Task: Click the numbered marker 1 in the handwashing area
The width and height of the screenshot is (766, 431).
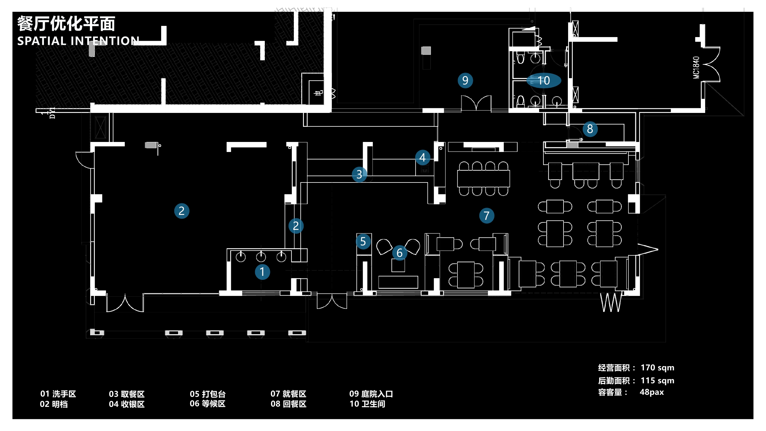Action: pos(262,272)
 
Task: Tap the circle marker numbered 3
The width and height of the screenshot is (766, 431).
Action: pos(359,174)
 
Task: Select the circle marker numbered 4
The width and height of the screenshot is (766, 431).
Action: pos(422,158)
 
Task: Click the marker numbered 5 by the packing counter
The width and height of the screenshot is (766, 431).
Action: pos(363,241)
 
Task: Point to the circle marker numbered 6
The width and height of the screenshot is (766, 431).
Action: pos(400,253)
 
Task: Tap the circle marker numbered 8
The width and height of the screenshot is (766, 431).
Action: pos(590,129)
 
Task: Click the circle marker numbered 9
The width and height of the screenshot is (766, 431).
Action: pos(465,80)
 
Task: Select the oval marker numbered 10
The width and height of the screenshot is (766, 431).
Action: pos(544,80)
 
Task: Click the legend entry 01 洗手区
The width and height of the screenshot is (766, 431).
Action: pos(58,394)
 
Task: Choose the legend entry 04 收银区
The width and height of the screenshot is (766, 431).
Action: pos(127,404)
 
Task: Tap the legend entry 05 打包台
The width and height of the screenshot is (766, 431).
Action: pos(208,394)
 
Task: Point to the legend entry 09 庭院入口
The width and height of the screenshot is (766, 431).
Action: pos(371,394)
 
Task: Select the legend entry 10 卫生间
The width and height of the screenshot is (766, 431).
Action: pos(367,404)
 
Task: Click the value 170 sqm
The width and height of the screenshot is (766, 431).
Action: pos(657,368)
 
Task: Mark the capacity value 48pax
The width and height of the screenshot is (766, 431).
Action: pos(652,392)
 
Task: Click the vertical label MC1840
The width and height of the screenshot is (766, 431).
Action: pos(696,68)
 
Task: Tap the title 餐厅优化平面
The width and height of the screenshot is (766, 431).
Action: pos(66,24)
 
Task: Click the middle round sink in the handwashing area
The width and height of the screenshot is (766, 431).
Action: pos(261,257)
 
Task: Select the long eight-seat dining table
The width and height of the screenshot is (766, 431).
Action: pos(483,178)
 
